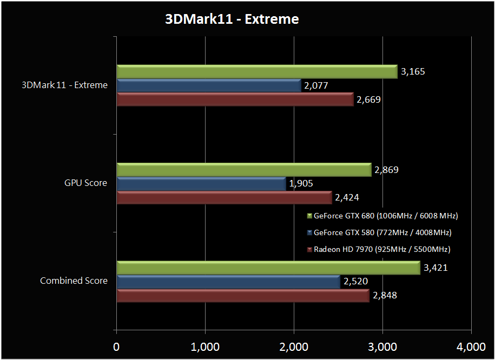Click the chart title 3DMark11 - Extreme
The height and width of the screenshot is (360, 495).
click(232, 19)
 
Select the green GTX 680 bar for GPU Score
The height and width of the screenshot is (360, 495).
click(243, 170)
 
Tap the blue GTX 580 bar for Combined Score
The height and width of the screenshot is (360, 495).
click(228, 282)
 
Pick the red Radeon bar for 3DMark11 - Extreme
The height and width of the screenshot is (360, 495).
click(235, 99)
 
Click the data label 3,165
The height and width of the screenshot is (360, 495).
click(414, 71)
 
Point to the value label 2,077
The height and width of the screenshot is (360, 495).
click(315, 85)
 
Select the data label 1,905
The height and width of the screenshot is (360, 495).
click(301, 184)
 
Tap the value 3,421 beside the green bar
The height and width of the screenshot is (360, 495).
click(436, 268)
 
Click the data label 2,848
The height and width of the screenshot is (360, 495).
click(385, 296)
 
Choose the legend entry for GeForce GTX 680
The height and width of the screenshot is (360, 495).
click(382, 216)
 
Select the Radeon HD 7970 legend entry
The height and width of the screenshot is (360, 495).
click(378, 249)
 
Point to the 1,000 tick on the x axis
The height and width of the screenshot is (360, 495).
click(205, 346)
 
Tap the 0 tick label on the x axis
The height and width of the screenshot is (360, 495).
click(116, 346)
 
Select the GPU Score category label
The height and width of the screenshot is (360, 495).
click(85, 183)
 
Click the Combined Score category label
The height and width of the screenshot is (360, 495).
click(74, 281)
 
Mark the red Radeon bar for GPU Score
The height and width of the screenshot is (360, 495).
click(224, 198)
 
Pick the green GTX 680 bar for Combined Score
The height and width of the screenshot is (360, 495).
click(268, 268)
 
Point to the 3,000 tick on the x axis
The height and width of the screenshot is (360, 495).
click(382, 346)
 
